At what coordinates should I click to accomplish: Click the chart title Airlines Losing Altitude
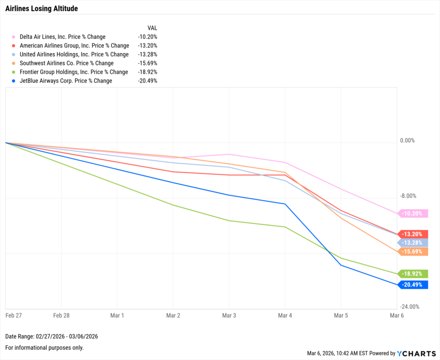click(x=42, y=9)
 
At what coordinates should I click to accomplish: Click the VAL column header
click(x=152, y=28)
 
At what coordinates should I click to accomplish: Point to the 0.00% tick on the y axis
click(x=407, y=140)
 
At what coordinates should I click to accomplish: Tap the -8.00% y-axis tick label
click(x=409, y=196)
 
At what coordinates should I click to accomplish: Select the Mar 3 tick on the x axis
click(x=229, y=315)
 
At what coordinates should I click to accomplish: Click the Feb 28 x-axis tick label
click(x=61, y=315)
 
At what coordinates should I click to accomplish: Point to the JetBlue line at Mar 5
click(x=341, y=265)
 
